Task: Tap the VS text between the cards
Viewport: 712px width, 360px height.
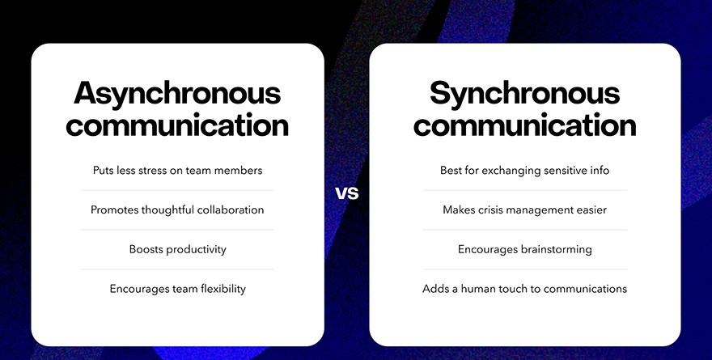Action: point(347,193)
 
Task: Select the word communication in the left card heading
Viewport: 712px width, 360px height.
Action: point(177,125)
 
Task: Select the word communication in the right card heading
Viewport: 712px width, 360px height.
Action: point(525,125)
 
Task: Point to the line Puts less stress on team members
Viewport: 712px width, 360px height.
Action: point(177,171)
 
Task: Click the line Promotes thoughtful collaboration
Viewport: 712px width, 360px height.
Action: point(177,210)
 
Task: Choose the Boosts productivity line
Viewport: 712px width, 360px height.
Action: point(177,249)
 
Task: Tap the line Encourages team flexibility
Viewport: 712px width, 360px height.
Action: point(177,289)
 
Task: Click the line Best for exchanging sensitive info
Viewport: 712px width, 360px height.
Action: point(525,171)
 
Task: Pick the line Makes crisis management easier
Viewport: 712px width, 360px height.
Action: point(525,210)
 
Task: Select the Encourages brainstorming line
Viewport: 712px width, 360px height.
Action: point(525,249)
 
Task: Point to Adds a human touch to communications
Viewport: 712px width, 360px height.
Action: point(525,289)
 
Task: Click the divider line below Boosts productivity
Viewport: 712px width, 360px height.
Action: point(177,269)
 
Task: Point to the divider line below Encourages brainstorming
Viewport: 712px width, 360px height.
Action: point(525,269)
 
